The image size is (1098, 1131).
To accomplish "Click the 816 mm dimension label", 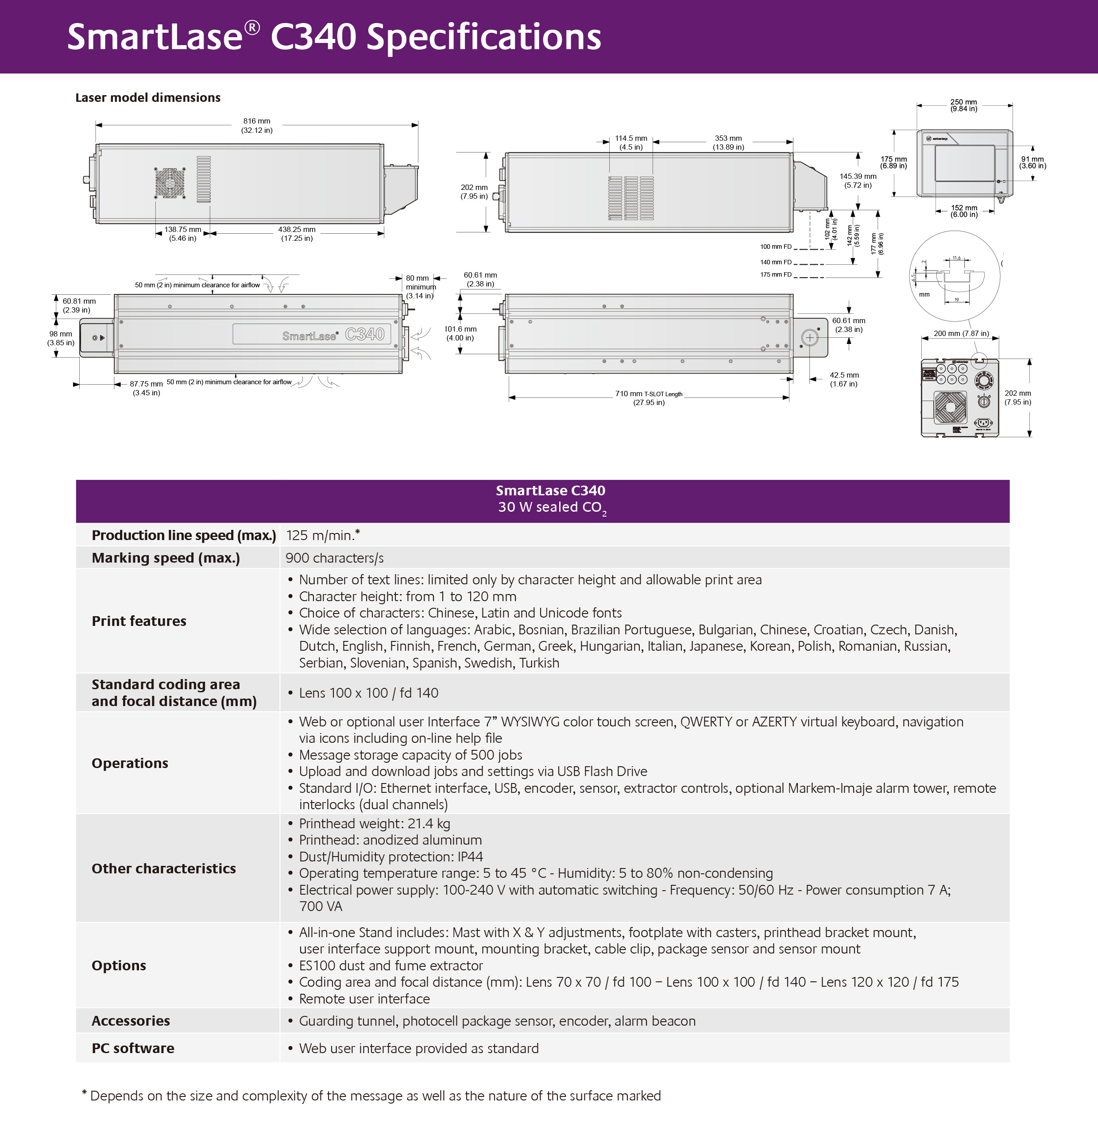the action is pyautogui.click(x=257, y=125).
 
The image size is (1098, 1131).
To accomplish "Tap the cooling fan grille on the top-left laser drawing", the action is pyautogui.click(x=170, y=183).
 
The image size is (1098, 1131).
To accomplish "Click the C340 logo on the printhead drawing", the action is pyautogui.click(x=365, y=334).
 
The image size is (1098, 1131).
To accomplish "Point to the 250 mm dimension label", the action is pyautogui.click(x=964, y=105).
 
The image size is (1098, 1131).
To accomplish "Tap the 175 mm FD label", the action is pyautogui.click(x=776, y=274).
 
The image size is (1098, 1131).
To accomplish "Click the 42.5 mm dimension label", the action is pyautogui.click(x=844, y=379).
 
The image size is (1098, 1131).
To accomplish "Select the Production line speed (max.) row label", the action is pyautogui.click(x=184, y=535).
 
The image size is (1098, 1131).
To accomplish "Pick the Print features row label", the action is pyautogui.click(x=139, y=621).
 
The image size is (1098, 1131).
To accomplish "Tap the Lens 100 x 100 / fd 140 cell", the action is pyautogui.click(x=368, y=693).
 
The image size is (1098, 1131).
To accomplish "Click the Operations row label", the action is pyautogui.click(x=130, y=763).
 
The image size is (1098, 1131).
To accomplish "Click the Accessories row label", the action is pyautogui.click(x=131, y=1021).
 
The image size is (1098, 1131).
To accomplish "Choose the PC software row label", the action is pyautogui.click(x=133, y=1048).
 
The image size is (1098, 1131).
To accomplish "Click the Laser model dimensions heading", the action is pyautogui.click(x=148, y=97).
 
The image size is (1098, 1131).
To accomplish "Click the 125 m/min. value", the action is pyautogui.click(x=323, y=535).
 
